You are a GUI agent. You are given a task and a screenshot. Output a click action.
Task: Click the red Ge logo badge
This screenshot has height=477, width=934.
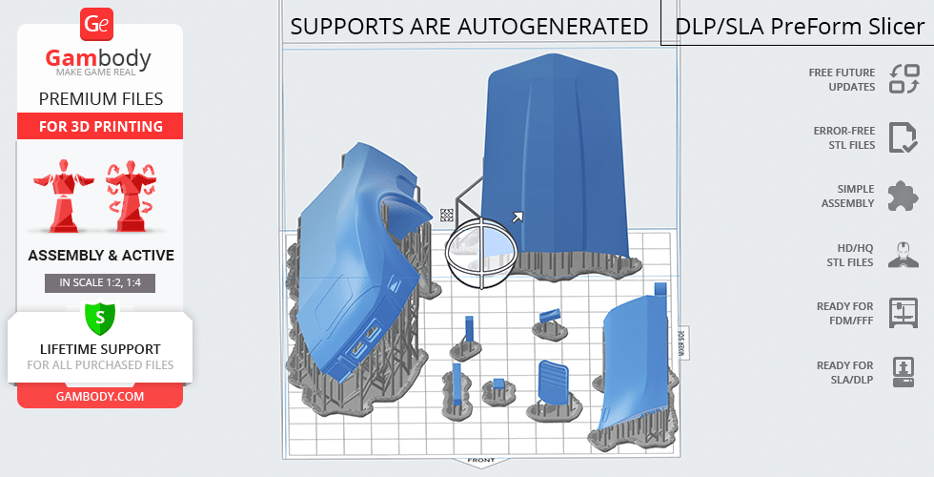(96, 25)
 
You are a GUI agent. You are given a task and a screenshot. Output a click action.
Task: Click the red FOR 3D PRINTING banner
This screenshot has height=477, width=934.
(100, 126)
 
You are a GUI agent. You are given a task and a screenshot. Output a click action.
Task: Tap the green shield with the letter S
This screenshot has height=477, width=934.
(99, 318)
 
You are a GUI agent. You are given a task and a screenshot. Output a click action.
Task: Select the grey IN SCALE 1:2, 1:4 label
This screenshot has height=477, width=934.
(100, 282)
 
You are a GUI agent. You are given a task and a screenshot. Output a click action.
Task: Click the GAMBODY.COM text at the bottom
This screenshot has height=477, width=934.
(100, 397)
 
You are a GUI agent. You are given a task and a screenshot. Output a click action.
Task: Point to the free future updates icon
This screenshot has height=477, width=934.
(904, 78)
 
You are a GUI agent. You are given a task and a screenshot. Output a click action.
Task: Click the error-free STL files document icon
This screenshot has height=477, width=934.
(904, 137)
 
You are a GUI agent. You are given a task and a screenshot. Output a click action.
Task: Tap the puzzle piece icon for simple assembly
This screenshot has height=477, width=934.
(904, 196)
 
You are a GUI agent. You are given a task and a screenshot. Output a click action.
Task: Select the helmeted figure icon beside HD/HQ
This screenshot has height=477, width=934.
(904, 255)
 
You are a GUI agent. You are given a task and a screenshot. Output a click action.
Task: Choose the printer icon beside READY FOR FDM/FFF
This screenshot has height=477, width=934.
(904, 313)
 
